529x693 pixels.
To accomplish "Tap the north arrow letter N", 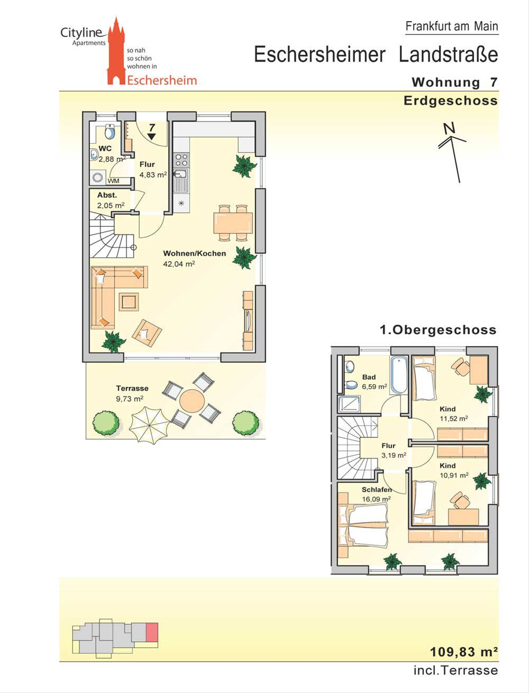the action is [449, 128].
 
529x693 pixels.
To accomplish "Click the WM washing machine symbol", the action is [97, 178].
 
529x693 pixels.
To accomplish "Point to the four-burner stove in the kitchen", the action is [181, 160].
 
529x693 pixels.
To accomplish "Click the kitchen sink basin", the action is [181, 174].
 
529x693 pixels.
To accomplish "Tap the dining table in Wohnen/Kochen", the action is [233, 223].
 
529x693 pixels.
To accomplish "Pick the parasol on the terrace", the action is [149, 425].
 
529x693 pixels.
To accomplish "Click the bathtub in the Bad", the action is [399, 375].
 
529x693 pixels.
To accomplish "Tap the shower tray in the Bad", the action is [349, 404].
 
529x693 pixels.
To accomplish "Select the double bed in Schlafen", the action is [363, 526].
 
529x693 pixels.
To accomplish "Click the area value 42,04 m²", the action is [179, 264].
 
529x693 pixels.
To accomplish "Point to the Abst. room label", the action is [107, 195].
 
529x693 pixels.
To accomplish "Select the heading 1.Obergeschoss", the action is [438, 330].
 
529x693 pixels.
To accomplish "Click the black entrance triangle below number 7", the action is [152, 137].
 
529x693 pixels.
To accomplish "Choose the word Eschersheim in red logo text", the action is [162, 80].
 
